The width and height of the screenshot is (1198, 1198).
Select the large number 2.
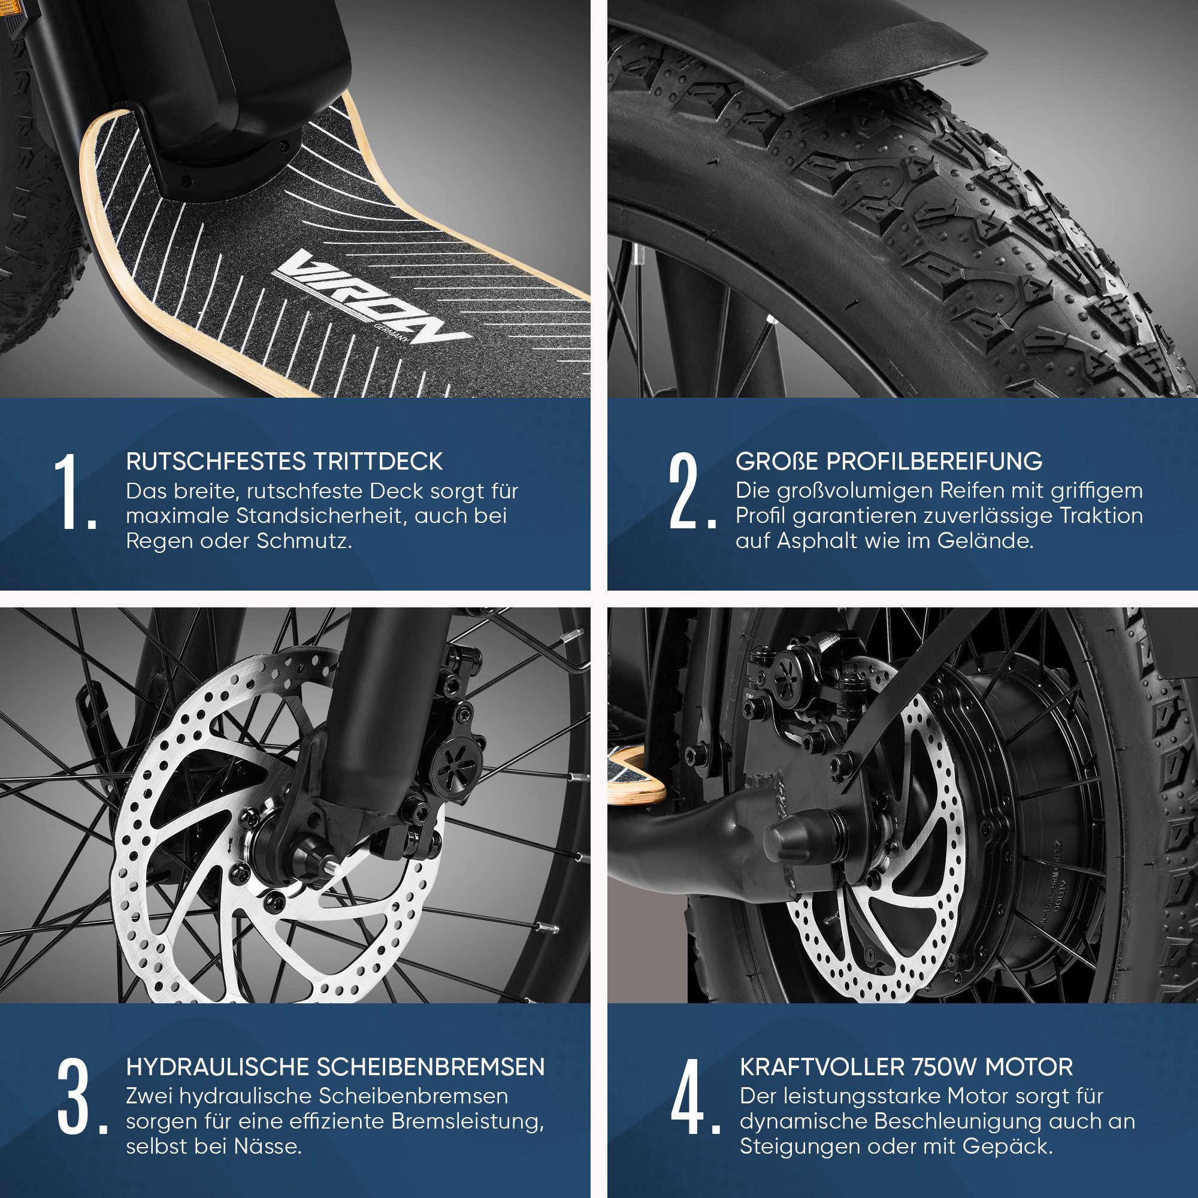pos(691,491)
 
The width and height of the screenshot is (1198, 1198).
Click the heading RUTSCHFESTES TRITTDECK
pos(285,461)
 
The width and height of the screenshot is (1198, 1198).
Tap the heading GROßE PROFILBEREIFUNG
pos(889,461)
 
